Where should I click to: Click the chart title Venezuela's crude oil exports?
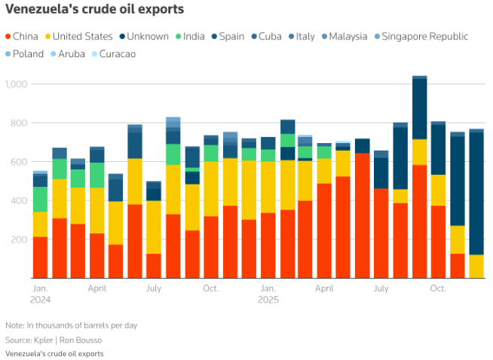[x=93, y=10]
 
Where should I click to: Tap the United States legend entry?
[x=78, y=36]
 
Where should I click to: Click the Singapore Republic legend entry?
[x=424, y=36]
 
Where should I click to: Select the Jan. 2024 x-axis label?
[x=41, y=294]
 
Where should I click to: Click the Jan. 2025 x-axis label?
[x=268, y=294]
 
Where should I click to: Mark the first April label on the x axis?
[x=96, y=288]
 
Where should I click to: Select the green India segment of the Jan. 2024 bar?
[x=40, y=199]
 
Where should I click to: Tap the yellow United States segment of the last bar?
[x=476, y=267]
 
